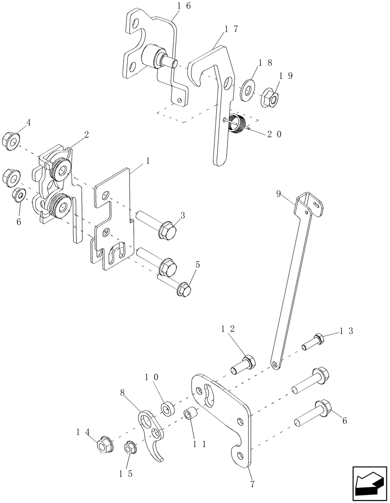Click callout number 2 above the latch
tap(86, 135)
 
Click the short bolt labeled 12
tap(247, 361)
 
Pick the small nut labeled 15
tap(129, 446)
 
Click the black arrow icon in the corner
tap(369, 484)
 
